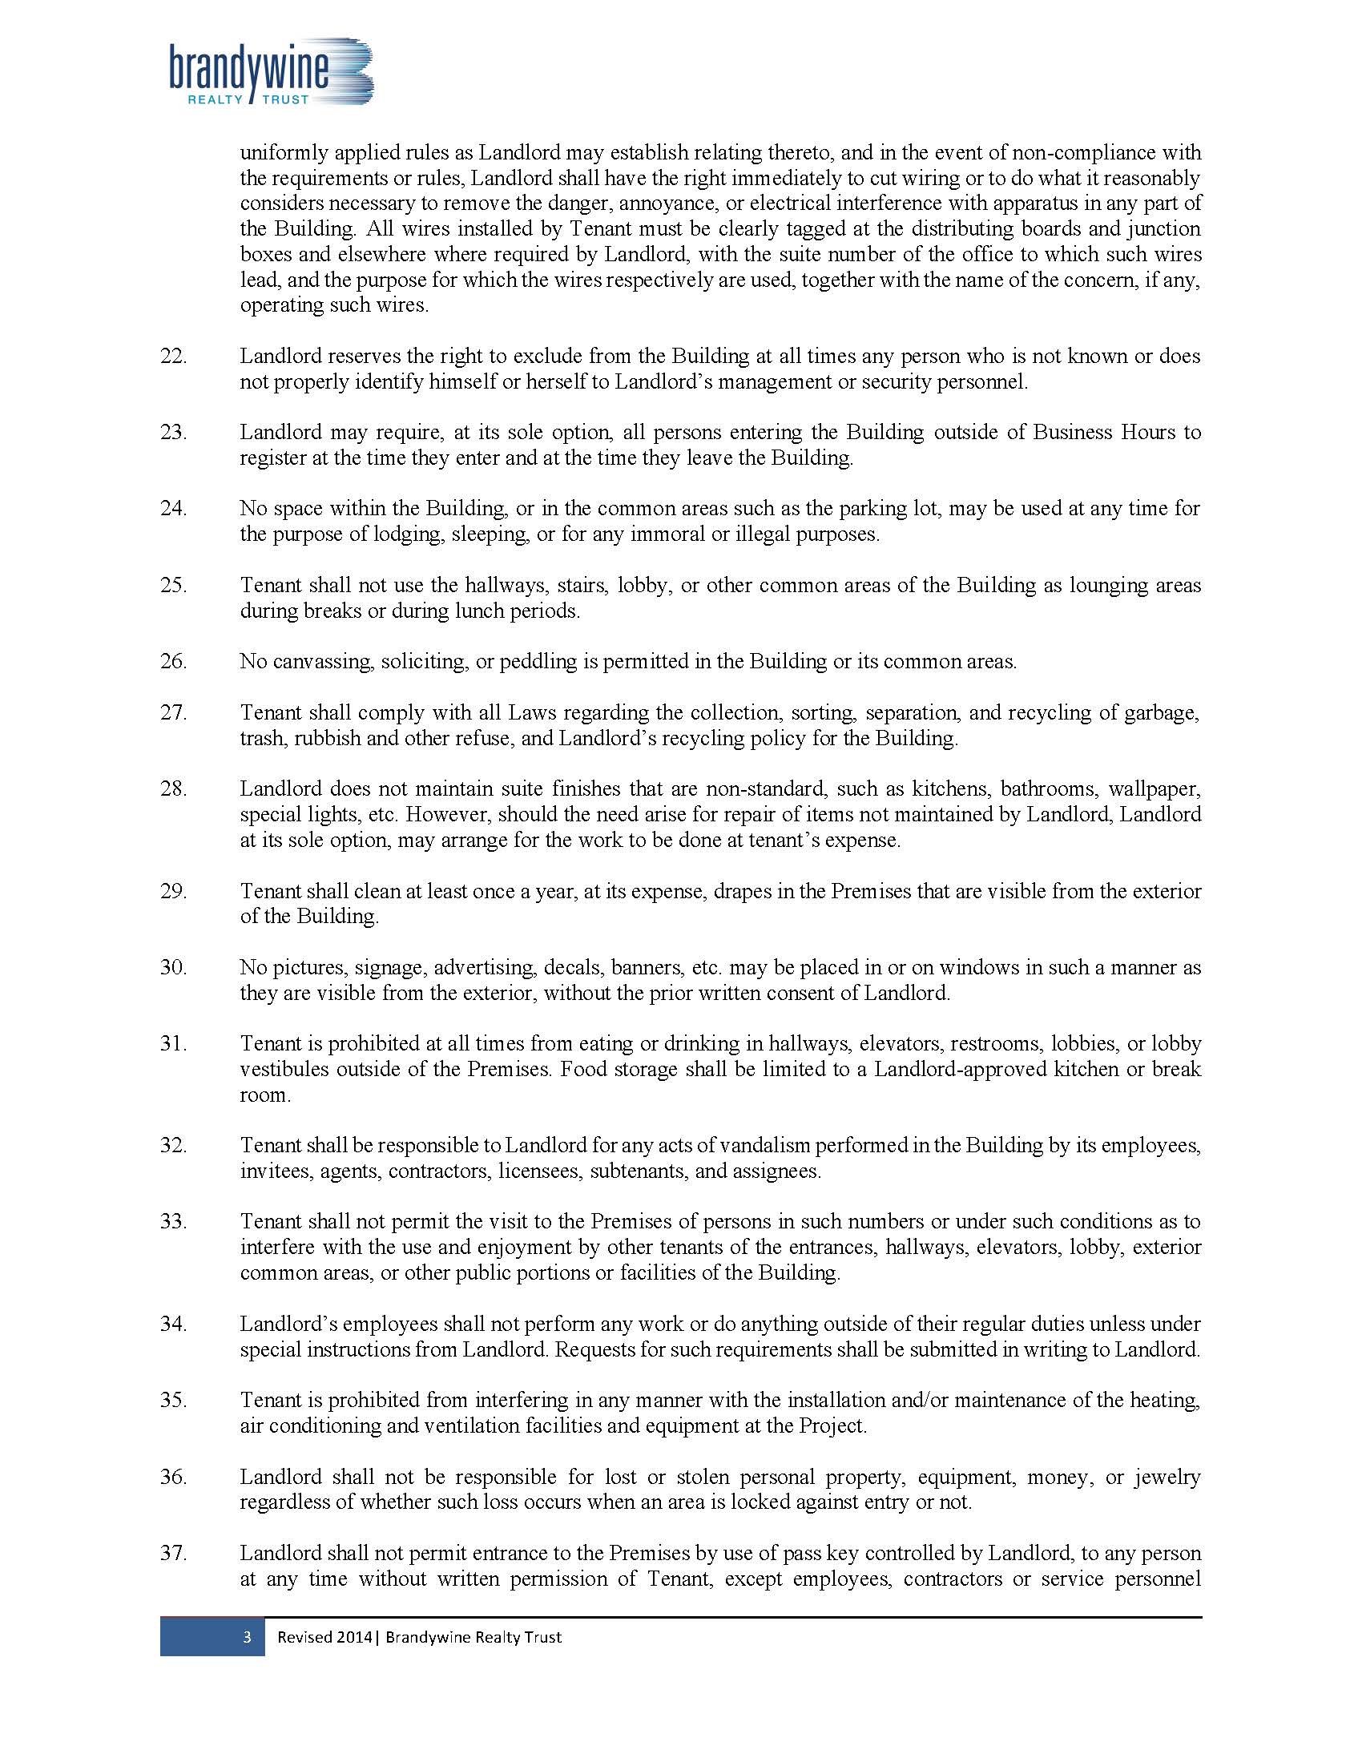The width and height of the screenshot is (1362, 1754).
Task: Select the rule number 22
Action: pos(174,356)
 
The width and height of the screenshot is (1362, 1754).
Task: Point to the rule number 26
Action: pos(174,661)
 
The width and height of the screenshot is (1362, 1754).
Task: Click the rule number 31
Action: pos(174,1043)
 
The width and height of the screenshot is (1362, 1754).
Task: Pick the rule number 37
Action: pos(174,1553)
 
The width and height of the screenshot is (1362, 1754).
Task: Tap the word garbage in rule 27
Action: pos(1166,712)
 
